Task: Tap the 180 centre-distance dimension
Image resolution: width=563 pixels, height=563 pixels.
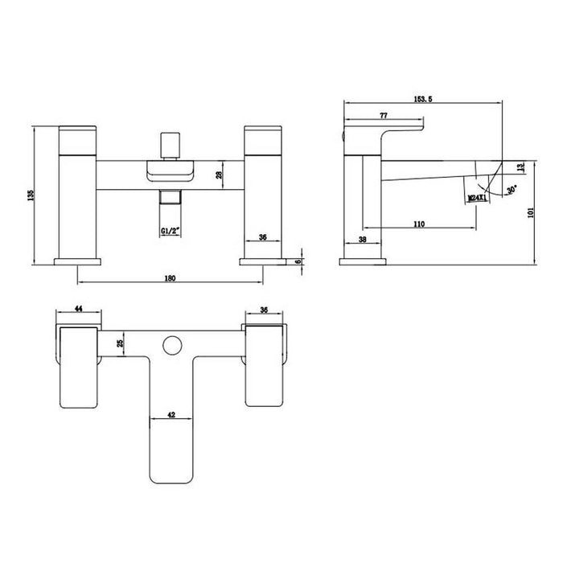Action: [x=170, y=277]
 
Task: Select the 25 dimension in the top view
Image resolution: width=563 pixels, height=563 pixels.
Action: [x=121, y=344]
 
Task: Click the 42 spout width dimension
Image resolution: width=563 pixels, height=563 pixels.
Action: [x=171, y=416]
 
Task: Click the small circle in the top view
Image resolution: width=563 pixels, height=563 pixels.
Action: [x=171, y=346]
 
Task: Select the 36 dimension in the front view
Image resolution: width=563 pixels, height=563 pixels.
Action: [x=262, y=237]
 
